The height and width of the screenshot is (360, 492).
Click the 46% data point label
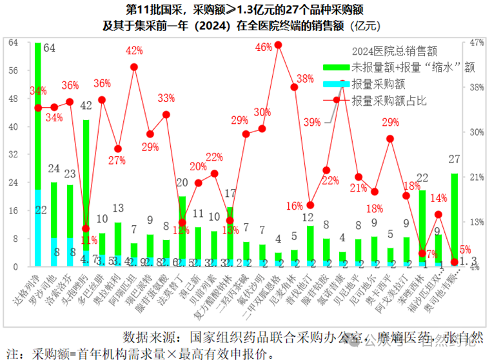pos(264,47)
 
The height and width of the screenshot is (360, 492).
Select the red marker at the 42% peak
pos(134,66)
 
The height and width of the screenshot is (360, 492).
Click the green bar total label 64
pos(49,47)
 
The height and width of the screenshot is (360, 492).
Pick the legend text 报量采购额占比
pos(389,101)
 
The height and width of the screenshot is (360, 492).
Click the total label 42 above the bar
pos(86,105)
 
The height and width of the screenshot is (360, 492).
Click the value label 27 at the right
pos(454,159)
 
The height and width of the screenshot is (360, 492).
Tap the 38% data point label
pos(305,79)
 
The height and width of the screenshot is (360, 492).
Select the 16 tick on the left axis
pos(13,210)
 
